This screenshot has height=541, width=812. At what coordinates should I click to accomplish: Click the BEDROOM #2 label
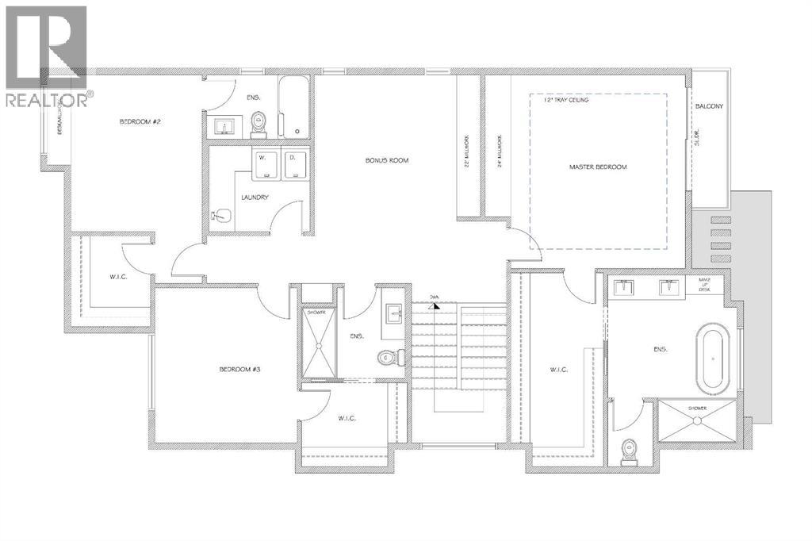tap(141, 121)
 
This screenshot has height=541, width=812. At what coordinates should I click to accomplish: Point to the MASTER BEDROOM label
tap(598, 167)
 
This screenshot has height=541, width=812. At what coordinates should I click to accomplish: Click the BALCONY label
tap(709, 106)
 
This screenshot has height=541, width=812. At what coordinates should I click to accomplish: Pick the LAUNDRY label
tap(255, 198)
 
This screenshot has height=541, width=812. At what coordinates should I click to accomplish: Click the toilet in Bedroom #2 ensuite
tap(259, 124)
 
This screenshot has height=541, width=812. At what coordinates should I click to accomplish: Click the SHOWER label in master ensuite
tap(699, 408)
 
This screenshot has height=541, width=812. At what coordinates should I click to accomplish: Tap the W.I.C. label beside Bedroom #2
tap(118, 277)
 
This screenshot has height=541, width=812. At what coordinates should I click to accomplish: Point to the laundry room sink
tap(221, 214)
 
